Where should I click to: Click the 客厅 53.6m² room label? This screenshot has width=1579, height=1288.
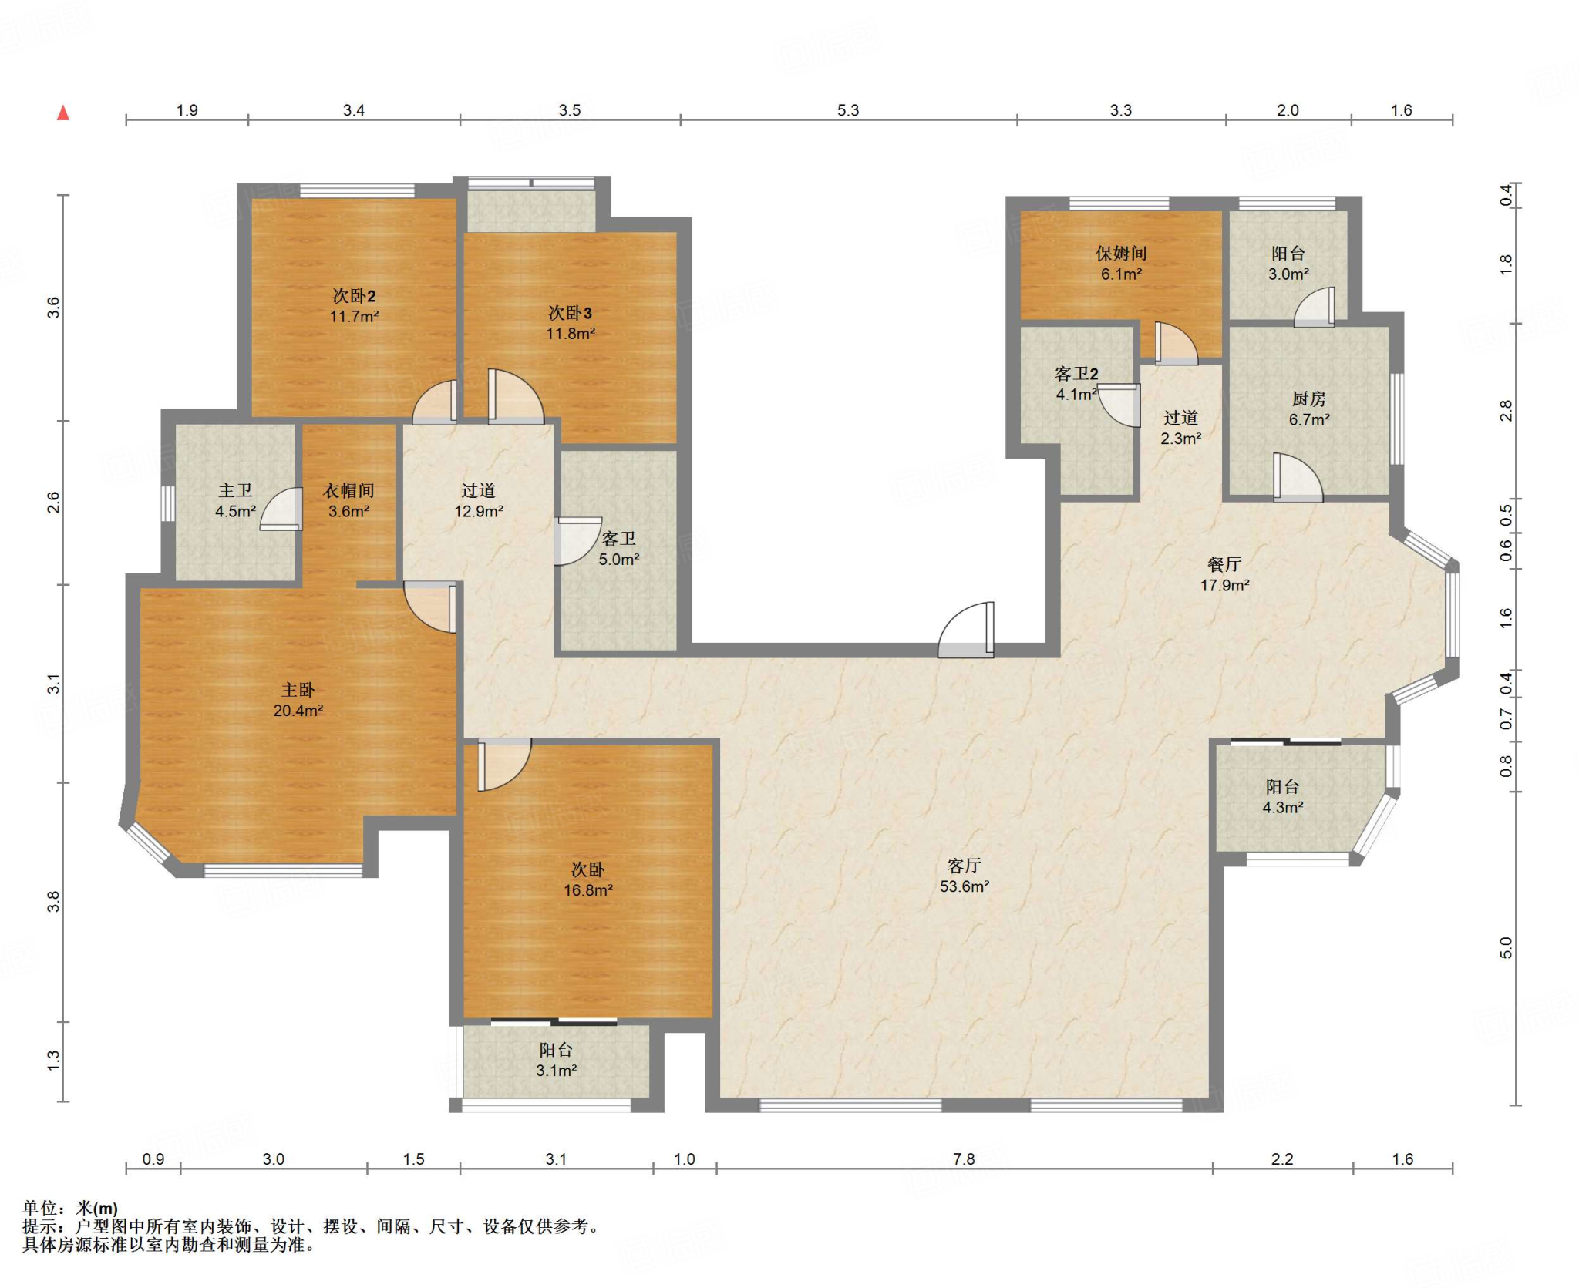964,876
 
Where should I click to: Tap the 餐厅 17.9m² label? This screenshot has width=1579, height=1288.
1224,574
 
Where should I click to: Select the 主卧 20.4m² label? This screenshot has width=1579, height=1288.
298,700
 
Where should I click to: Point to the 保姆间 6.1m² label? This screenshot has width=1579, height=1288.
1121,263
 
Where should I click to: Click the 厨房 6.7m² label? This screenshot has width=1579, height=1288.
1309,409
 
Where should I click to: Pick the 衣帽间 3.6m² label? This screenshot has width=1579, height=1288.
348,500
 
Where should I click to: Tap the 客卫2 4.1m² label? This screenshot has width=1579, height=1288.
1076,383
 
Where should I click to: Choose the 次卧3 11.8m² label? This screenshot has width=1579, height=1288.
571,322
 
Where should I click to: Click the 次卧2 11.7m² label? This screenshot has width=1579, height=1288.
354,305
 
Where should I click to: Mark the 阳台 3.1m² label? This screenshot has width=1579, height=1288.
556,1060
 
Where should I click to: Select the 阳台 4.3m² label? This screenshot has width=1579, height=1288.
1282,796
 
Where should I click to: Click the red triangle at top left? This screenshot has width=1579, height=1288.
63,113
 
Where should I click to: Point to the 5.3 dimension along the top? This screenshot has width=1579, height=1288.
848,110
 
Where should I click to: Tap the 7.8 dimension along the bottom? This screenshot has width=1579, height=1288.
964,1159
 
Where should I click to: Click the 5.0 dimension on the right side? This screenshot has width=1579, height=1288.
1506,948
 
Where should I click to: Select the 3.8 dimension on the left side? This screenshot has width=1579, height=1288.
52,901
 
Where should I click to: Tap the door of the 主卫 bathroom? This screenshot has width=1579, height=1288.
281,509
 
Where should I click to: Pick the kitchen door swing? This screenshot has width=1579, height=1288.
1298,478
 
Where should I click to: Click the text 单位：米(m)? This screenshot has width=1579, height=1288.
70,1208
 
